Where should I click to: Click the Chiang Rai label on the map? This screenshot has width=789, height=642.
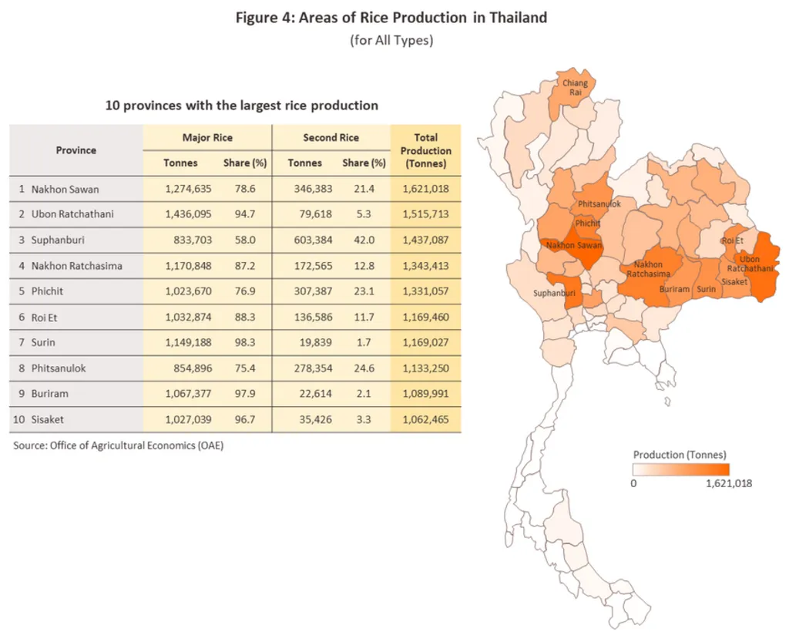[x=575, y=88]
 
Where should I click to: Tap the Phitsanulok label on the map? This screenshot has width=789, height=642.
[x=599, y=204]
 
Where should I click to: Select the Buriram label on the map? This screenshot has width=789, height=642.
[x=675, y=289]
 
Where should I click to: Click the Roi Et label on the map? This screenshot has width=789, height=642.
[x=733, y=240]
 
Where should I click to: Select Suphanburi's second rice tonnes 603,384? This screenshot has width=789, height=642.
[x=310, y=240]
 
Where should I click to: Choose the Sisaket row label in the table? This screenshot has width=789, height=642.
[x=49, y=419]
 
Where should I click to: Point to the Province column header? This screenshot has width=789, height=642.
[x=76, y=150]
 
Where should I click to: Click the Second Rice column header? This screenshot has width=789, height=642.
[x=331, y=138]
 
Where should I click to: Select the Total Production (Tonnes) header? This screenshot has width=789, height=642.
[x=426, y=150]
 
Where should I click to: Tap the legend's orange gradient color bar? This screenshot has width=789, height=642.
[x=680, y=469]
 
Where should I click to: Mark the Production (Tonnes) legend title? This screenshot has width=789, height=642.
[x=680, y=455]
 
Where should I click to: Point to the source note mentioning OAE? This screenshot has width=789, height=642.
[x=119, y=445]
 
